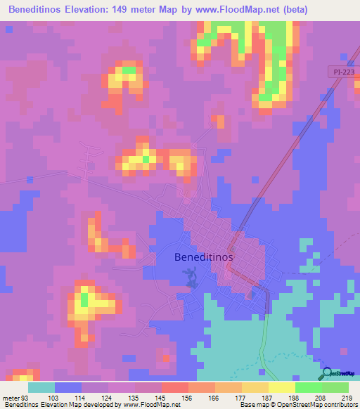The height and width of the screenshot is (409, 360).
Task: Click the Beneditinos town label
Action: click(x=203, y=257)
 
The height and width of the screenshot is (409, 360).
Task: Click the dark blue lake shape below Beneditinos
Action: click(x=191, y=280)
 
